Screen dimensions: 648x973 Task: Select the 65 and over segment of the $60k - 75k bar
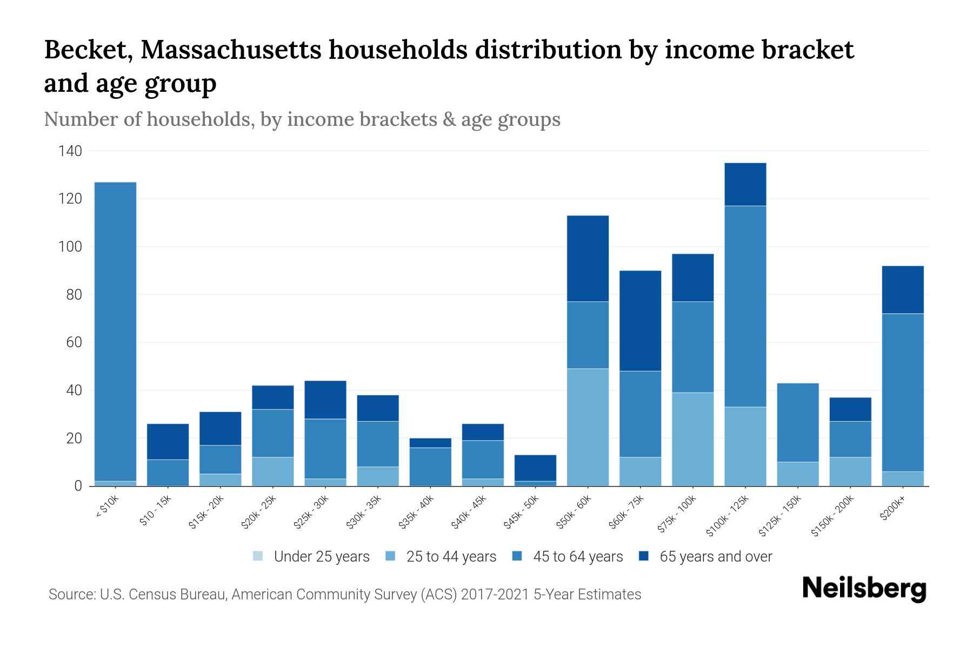click(x=640, y=321)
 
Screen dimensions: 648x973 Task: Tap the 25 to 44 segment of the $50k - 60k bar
click(x=588, y=427)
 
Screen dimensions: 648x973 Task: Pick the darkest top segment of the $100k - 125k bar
click(x=745, y=184)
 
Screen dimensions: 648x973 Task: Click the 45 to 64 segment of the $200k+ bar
click(x=902, y=393)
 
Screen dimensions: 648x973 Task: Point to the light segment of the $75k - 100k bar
click(x=692, y=439)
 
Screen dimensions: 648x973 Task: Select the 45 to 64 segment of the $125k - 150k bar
click(x=797, y=422)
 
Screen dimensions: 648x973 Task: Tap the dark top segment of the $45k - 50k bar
click(x=535, y=468)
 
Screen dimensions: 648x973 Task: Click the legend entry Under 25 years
click(x=322, y=557)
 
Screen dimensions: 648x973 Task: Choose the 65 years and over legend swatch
click(x=644, y=556)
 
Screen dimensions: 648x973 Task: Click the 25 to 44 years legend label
click(x=451, y=557)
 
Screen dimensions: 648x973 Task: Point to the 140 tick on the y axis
click(x=70, y=151)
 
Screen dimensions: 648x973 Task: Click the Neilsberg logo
click(x=864, y=589)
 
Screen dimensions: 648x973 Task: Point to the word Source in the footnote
click(x=70, y=595)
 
